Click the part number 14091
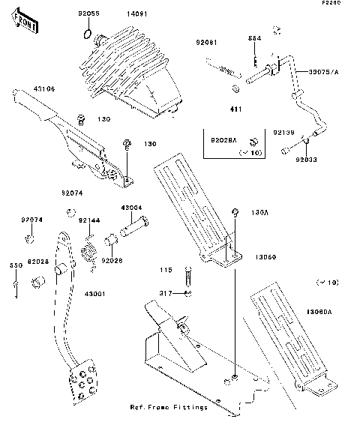[136, 14]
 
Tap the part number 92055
[88, 14]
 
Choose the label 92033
[306, 159]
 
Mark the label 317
[166, 293]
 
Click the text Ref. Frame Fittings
[169, 407]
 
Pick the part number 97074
[31, 220]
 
